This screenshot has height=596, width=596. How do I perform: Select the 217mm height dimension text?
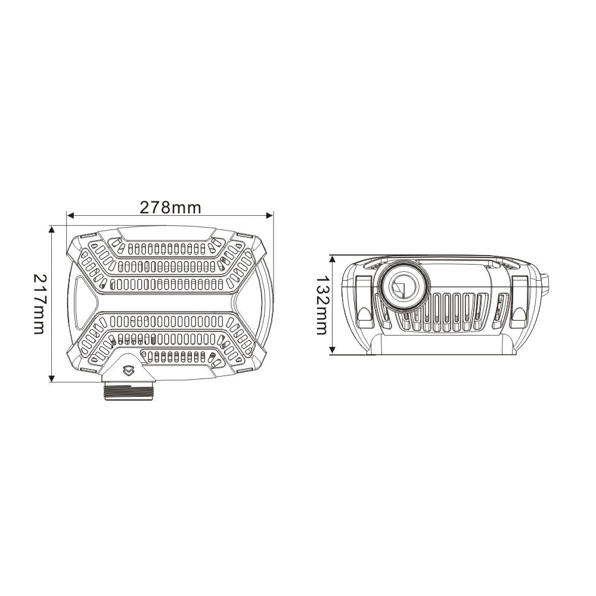[39, 304]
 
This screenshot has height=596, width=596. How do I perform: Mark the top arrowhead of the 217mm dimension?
[52, 229]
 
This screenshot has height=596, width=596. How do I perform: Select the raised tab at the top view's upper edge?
[164, 233]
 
